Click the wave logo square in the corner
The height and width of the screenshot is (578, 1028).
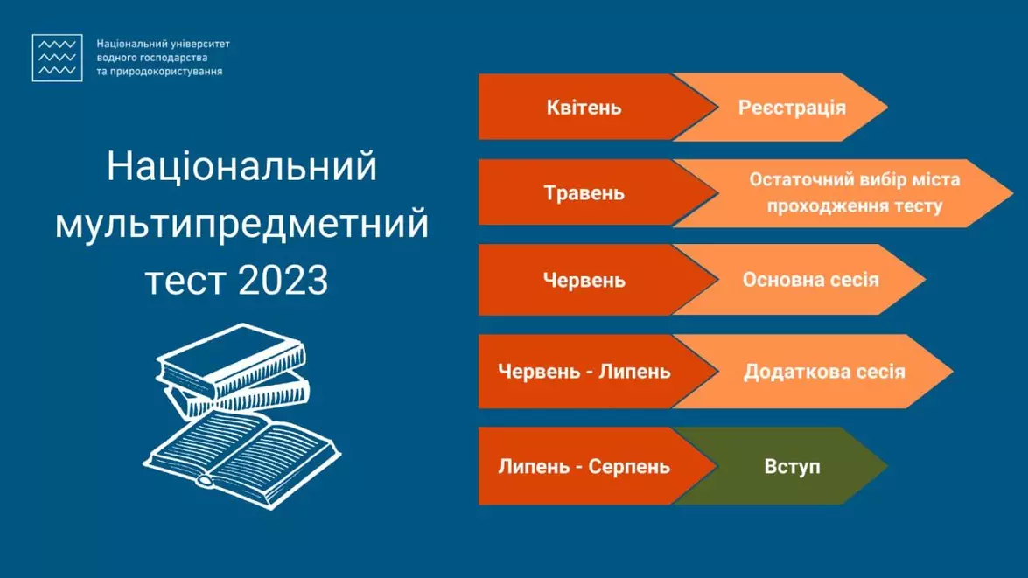tap(57, 58)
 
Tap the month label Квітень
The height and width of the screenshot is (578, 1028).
tap(584, 108)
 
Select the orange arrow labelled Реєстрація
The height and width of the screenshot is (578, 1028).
tap(791, 108)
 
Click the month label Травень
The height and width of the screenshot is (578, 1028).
tap(584, 193)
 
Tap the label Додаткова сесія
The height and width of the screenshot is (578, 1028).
tap(823, 372)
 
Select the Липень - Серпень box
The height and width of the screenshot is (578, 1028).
tap(584, 466)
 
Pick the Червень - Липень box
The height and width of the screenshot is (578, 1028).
tap(584, 372)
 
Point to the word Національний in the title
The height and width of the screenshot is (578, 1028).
tap(241, 167)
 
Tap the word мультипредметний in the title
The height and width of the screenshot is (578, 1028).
tap(241, 224)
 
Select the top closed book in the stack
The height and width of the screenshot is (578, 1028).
tap(232, 357)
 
